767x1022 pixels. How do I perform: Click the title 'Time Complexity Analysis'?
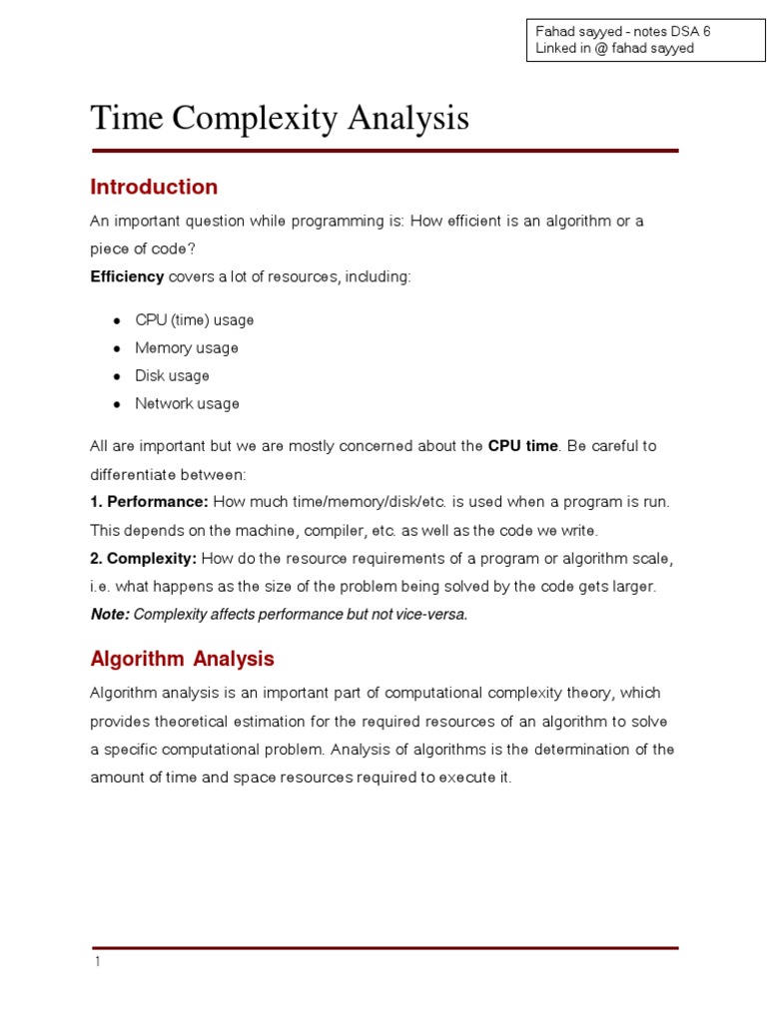(x=280, y=119)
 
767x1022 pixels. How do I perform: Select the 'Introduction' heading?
(x=154, y=187)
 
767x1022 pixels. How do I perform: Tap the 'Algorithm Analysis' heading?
(x=182, y=659)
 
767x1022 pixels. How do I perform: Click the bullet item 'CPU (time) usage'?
(x=195, y=320)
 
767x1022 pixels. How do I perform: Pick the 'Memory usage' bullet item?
(x=187, y=348)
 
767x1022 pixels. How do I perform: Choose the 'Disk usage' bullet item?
(x=173, y=376)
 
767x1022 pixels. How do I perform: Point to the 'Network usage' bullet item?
(x=188, y=404)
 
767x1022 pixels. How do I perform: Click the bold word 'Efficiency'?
(x=127, y=276)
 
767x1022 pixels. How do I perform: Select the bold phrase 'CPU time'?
(x=522, y=446)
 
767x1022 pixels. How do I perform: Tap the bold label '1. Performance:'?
(x=149, y=502)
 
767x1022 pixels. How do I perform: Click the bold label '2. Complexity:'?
(x=145, y=558)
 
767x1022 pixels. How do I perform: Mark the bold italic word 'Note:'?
(x=110, y=614)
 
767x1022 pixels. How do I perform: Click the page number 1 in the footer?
(x=97, y=962)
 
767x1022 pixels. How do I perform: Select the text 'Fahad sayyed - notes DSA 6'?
(x=623, y=32)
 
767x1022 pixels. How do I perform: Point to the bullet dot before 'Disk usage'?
(x=116, y=376)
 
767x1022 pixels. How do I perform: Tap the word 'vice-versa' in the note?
(x=431, y=614)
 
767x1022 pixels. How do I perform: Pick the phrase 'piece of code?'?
(x=135, y=249)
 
